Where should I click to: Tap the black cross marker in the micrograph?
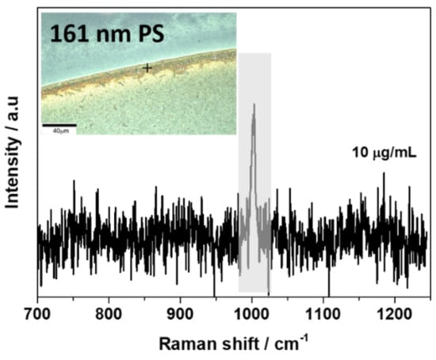(x=147, y=68)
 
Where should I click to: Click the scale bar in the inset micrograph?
(x=59, y=125)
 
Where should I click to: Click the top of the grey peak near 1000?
(x=254, y=105)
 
